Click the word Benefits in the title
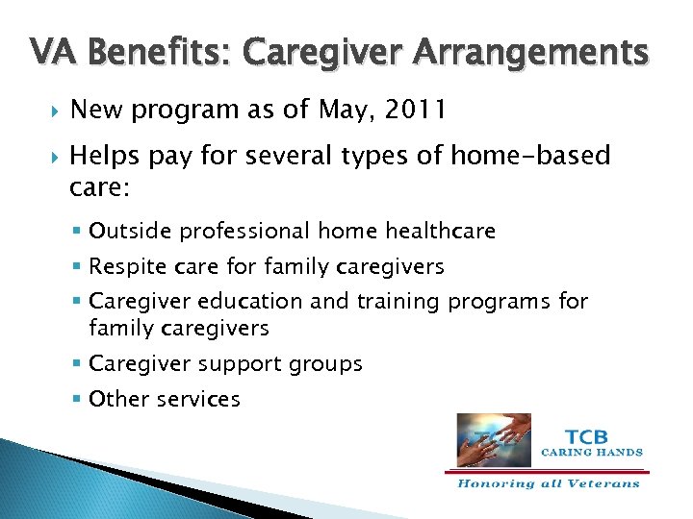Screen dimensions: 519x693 pos(147,53)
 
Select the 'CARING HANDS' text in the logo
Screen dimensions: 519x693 pos(591,452)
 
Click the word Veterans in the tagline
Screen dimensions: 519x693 pos(603,483)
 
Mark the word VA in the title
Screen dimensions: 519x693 pos(50,53)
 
